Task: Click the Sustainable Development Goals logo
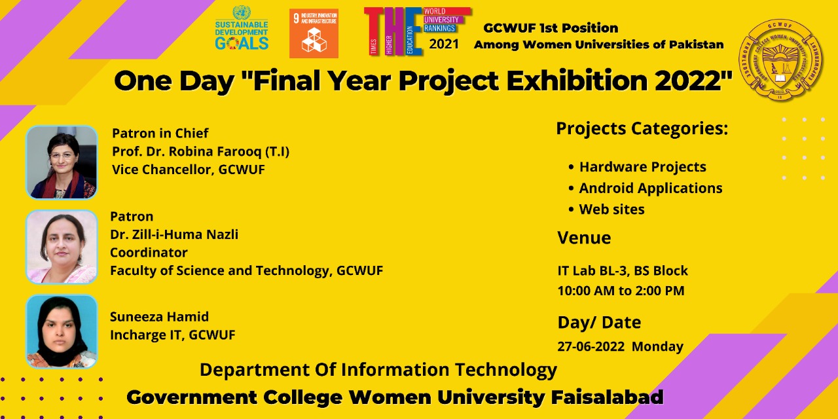242,29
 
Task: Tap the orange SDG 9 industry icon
314,33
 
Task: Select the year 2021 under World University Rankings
444,45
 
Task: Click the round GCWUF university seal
780,60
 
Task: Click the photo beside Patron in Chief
62,162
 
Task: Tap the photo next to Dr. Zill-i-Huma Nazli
62,247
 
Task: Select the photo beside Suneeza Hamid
62,331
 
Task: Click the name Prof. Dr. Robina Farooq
200,151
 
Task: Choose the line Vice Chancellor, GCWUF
189,169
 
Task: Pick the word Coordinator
149,252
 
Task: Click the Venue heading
584,238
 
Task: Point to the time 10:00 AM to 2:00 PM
621,290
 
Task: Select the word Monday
657,346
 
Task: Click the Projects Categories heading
642,128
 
